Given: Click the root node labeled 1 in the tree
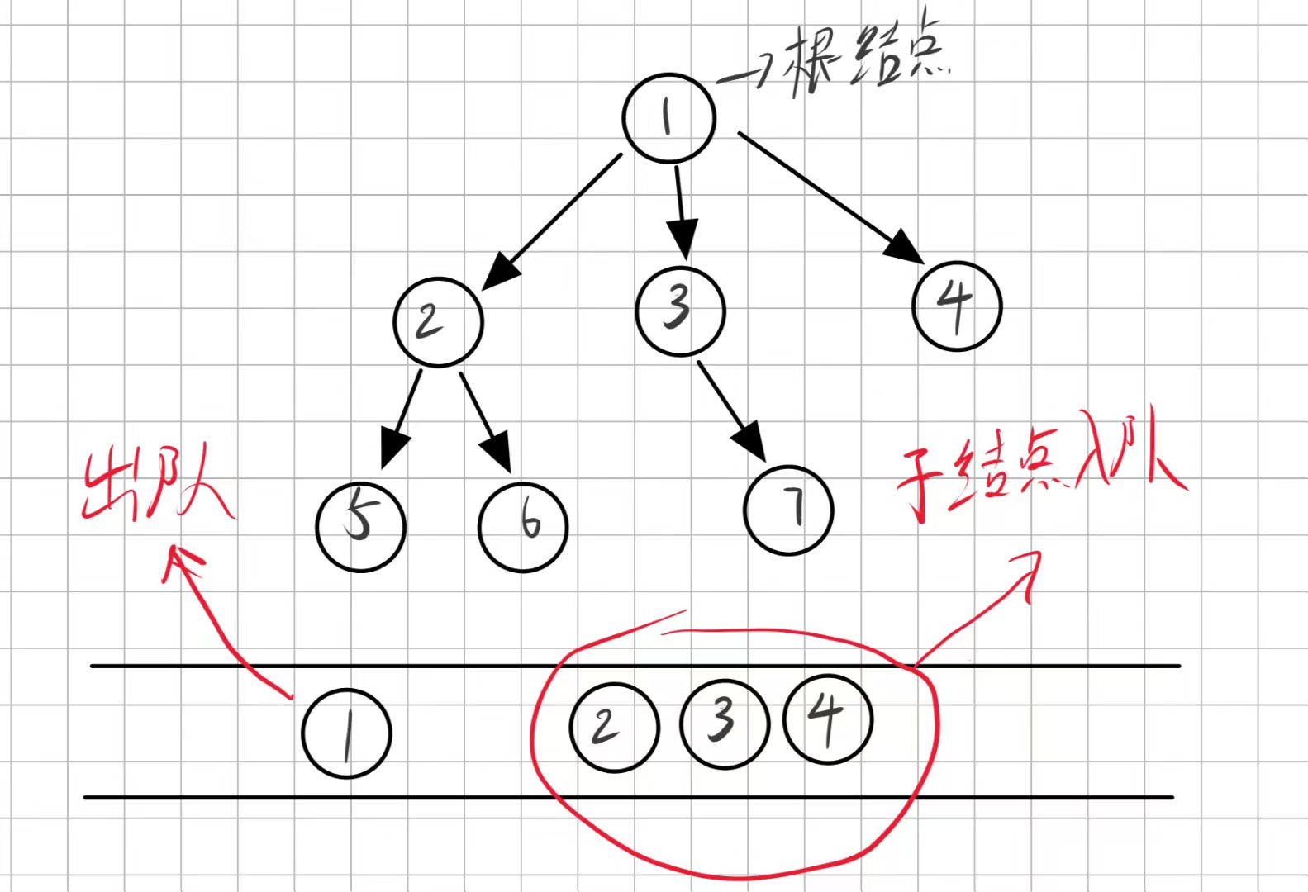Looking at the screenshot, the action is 668,117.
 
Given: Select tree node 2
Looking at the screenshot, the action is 438,321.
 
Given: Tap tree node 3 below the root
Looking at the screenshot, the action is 680,311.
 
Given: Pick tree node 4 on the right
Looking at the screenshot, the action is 957,306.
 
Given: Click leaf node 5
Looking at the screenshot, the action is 361,526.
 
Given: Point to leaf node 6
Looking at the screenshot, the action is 522,527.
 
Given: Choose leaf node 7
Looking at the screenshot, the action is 788,510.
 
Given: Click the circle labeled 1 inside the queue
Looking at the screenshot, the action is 346,733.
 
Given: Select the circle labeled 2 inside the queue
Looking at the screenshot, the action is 614,727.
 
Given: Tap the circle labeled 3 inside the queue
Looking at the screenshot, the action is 724,724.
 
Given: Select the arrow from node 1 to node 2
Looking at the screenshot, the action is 552,221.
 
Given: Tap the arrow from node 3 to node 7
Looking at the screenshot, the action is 732,410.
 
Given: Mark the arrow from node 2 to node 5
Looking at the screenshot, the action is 401,418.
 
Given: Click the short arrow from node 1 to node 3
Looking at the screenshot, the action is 681,211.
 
